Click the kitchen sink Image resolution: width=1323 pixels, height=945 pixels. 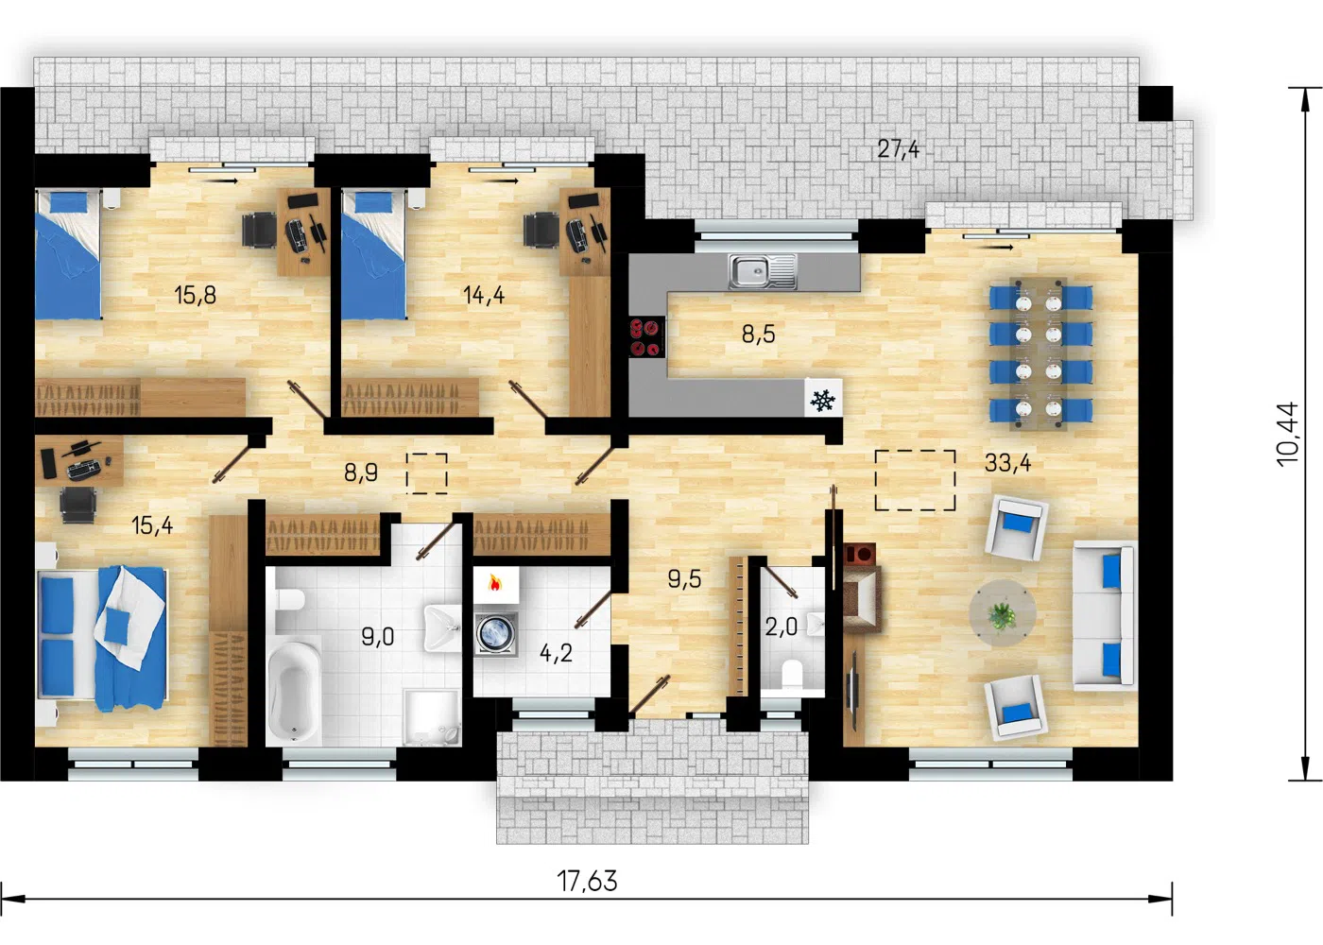[x=763, y=272]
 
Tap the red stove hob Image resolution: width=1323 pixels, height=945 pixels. [x=646, y=336]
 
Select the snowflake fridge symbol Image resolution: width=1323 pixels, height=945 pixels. [x=823, y=401]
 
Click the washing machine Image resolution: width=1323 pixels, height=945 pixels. [x=496, y=634]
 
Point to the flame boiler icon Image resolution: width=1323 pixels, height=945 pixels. [x=494, y=584]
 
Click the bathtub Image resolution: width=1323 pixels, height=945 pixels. [x=294, y=693]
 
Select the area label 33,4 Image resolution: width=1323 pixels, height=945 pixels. [x=1007, y=462]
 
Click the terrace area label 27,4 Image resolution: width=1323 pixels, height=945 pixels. [x=899, y=149]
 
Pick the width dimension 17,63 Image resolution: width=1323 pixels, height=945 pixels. [x=587, y=881]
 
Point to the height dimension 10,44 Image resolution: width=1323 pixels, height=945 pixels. [x=1288, y=435]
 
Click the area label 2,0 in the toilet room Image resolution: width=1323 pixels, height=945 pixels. [x=781, y=627]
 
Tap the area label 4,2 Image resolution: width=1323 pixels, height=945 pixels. [x=556, y=653]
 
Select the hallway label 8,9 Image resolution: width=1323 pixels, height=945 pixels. [x=361, y=472]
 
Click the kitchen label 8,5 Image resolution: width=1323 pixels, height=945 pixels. [x=758, y=335]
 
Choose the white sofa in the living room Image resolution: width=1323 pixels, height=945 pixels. [x=1104, y=615]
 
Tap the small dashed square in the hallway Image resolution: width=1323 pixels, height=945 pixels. [x=427, y=473]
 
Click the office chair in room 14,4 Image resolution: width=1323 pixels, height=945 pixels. [x=541, y=230]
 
